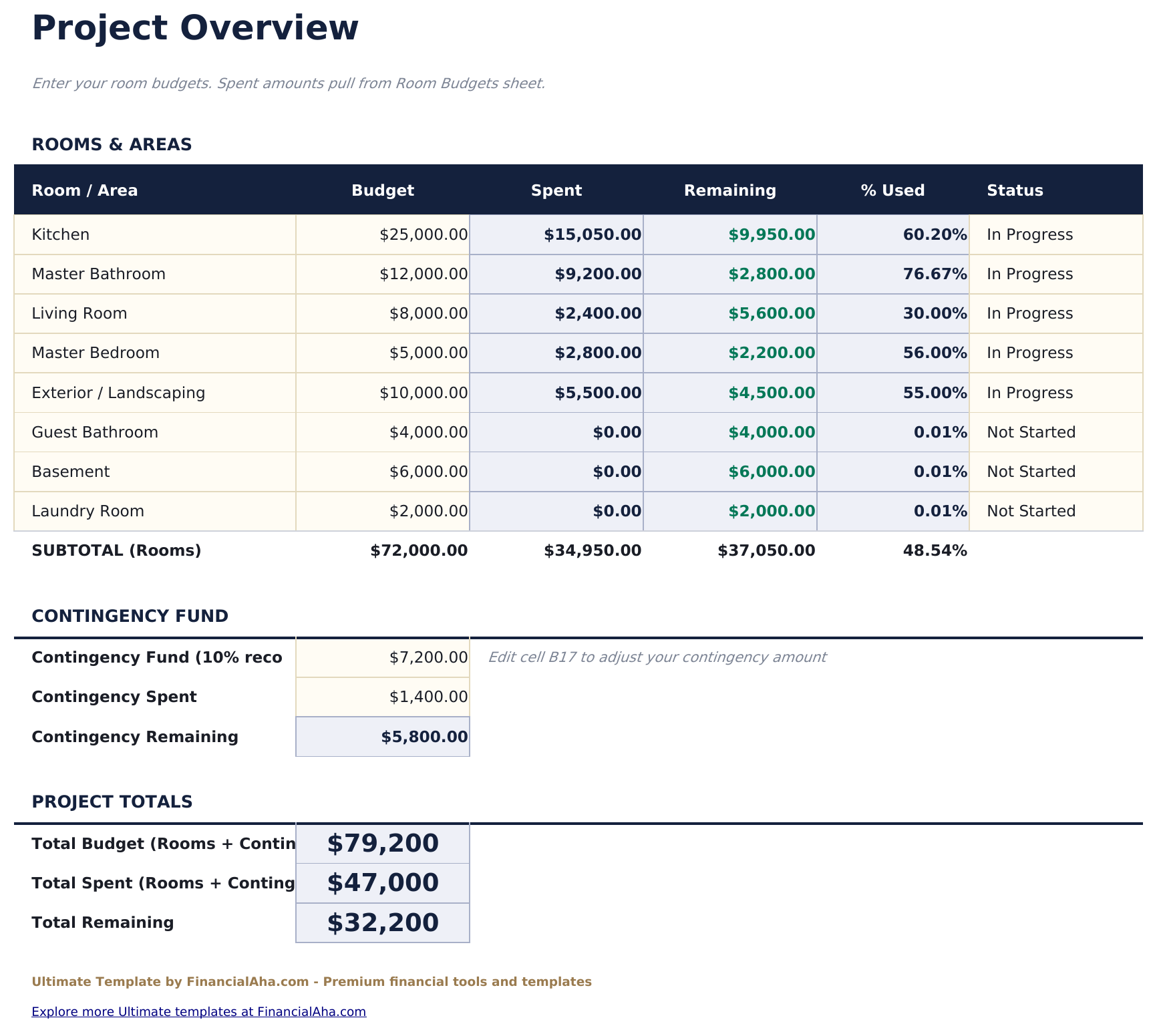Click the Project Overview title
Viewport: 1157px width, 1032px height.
coord(195,29)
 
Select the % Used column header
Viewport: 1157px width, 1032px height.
coord(892,190)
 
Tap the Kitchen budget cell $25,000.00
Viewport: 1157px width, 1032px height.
coord(424,234)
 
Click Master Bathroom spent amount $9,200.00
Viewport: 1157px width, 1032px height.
coord(598,274)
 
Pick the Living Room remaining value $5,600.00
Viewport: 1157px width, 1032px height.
coord(772,313)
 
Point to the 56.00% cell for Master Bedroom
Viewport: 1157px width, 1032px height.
coord(935,353)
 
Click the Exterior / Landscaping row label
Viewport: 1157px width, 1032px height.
coord(118,393)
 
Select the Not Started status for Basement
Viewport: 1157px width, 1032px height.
coord(1031,472)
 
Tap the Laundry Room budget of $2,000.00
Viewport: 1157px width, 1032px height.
coord(428,511)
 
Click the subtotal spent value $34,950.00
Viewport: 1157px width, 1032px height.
coord(593,550)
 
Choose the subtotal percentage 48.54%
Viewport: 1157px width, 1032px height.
coord(935,550)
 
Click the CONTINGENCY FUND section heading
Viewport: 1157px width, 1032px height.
coord(130,616)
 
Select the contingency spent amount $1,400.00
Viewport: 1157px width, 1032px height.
coord(428,697)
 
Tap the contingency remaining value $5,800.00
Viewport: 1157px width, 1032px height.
coord(424,737)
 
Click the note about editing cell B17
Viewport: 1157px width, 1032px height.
coord(657,657)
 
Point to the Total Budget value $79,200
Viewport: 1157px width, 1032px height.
coord(383,844)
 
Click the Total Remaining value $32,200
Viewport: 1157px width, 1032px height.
coord(383,922)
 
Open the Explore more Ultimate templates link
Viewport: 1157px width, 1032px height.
coord(198,1011)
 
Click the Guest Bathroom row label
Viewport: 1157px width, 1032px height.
coord(95,432)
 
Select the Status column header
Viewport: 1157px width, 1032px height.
coord(1015,190)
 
